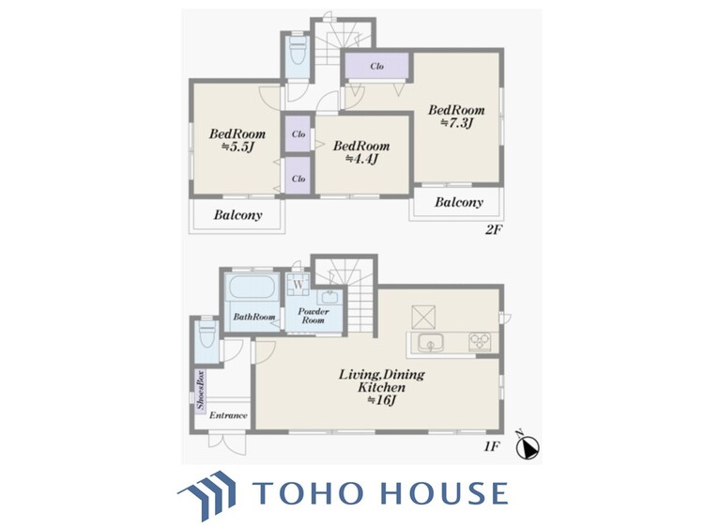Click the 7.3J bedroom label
(x=456, y=116)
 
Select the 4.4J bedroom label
(x=361, y=152)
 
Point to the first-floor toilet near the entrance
(x=207, y=334)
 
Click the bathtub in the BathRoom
(x=252, y=287)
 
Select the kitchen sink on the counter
(x=431, y=343)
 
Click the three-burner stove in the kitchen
(x=480, y=342)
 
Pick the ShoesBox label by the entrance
(x=200, y=389)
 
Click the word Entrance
(x=228, y=415)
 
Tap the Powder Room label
(x=314, y=316)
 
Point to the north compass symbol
(x=528, y=445)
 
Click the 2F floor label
(x=493, y=230)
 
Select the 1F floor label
(x=492, y=446)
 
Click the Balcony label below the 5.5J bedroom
(x=237, y=215)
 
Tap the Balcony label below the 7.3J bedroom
(x=458, y=202)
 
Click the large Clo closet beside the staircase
(x=377, y=66)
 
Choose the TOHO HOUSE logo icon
(x=207, y=494)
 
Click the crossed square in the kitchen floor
(x=423, y=317)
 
